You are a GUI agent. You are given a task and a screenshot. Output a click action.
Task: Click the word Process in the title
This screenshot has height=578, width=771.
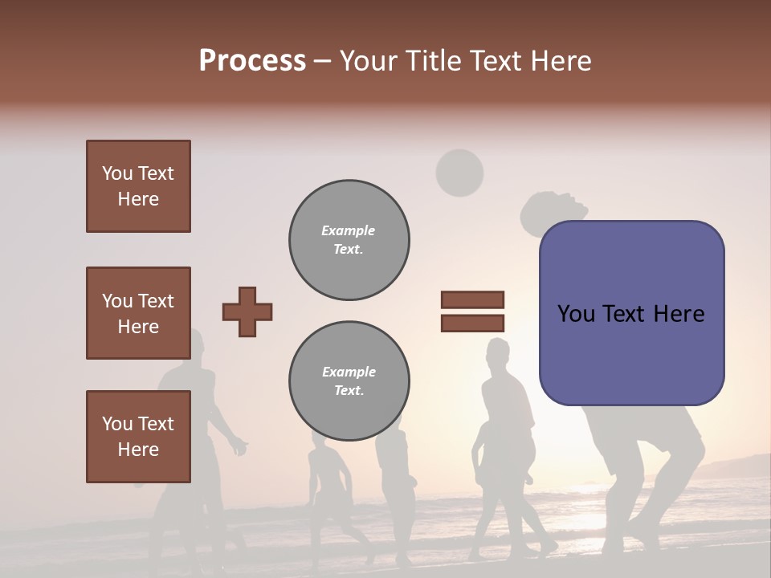[x=252, y=60]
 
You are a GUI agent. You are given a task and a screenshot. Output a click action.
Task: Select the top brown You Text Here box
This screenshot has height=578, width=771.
[x=138, y=186]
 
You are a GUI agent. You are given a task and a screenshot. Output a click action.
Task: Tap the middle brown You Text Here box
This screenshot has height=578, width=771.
[x=138, y=313]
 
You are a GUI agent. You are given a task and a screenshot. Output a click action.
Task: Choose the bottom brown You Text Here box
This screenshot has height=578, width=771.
[x=138, y=437]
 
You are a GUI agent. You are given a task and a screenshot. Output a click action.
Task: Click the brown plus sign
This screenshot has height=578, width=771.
[x=247, y=311]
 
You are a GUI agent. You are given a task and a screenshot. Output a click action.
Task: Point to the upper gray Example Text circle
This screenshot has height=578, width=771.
[x=349, y=240]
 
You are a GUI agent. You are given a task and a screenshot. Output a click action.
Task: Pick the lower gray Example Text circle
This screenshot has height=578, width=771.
[x=349, y=381]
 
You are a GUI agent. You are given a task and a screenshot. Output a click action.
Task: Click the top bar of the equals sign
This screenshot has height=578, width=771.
[x=472, y=299]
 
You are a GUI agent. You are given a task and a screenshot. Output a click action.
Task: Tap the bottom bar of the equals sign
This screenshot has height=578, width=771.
[x=472, y=323]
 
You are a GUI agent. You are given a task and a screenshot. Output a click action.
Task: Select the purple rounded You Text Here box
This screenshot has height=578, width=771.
[x=631, y=313]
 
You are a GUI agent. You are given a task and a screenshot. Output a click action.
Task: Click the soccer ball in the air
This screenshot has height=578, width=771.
[x=459, y=173]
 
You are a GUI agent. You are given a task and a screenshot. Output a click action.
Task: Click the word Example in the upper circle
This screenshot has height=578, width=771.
[x=349, y=230]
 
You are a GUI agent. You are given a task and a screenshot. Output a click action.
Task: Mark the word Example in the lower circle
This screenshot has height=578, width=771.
[x=349, y=372]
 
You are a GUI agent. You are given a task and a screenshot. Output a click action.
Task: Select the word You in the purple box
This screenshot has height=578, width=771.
[x=577, y=314]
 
